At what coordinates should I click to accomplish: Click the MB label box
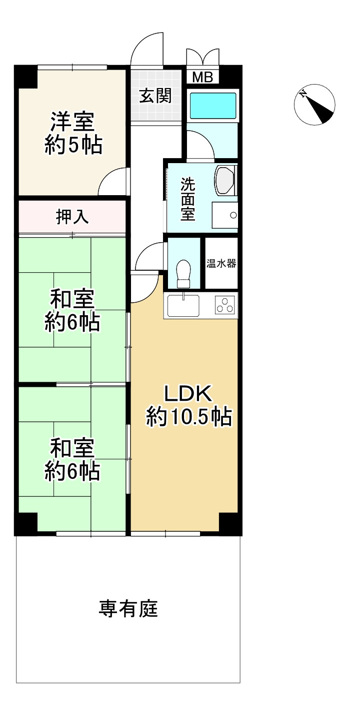pos(202,77)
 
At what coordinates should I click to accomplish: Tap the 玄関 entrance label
pos(155,96)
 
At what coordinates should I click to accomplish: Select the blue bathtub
pos(213,105)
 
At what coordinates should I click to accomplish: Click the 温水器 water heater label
pos(221,264)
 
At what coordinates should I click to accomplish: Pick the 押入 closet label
pos(72,217)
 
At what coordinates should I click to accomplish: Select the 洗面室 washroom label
pos(187,199)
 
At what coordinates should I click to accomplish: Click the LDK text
pos(188,394)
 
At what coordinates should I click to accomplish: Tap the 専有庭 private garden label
pos(128,609)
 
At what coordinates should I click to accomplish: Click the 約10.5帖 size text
pos(188,417)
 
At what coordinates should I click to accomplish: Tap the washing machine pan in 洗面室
pos(224,216)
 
